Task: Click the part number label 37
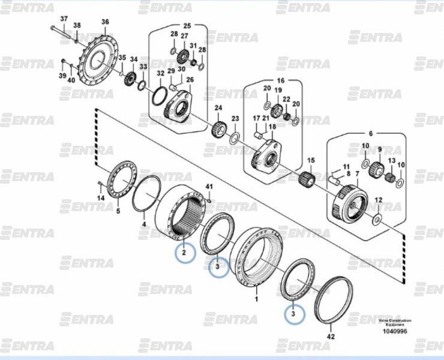[64, 19]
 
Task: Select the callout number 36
[105, 22]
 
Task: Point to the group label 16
[280, 80]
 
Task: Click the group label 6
[370, 133]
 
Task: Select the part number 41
[209, 186]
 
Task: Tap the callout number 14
[101, 198]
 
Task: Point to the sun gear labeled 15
[307, 178]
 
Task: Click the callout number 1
[257, 297]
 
